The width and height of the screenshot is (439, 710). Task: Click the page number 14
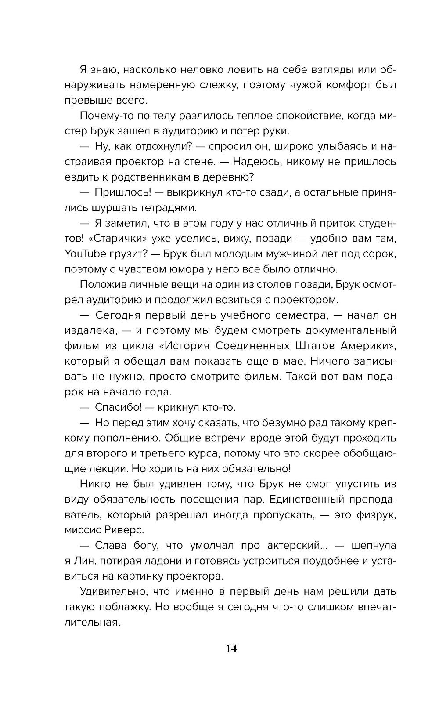231,648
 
